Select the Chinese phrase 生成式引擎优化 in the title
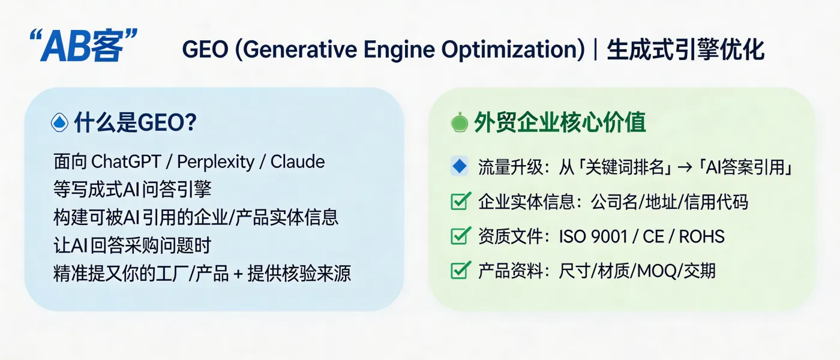pyautogui.click(x=685, y=49)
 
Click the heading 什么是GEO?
pyautogui.click(x=135, y=123)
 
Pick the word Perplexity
pyautogui.click(x=217, y=161)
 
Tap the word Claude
pyautogui.click(x=298, y=161)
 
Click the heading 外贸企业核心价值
pyautogui.click(x=560, y=122)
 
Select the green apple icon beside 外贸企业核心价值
pyautogui.click(x=459, y=122)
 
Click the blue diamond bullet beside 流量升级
pyautogui.click(x=459, y=167)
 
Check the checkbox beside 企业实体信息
pyautogui.click(x=460, y=202)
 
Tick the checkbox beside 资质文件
pyautogui.click(x=460, y=236)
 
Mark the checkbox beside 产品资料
pyautogui.click(x=460, y=271)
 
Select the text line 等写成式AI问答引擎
pyautogui.click(x=133, y=190)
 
